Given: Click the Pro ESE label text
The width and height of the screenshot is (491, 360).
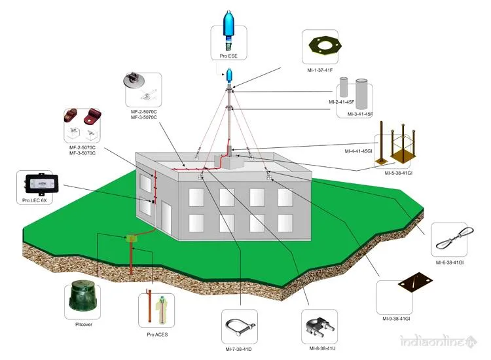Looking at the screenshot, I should tap(229, 56).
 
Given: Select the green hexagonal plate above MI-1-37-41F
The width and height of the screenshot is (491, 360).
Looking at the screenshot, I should tap(327, 47).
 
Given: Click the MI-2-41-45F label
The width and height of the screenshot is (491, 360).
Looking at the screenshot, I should tap(342, 102).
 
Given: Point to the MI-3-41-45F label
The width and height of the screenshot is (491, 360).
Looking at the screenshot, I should tap(359, 114).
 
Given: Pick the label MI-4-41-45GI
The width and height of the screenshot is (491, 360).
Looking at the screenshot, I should tap(359, 152).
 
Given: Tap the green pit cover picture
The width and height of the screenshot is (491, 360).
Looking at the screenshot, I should tap(83, 301).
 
